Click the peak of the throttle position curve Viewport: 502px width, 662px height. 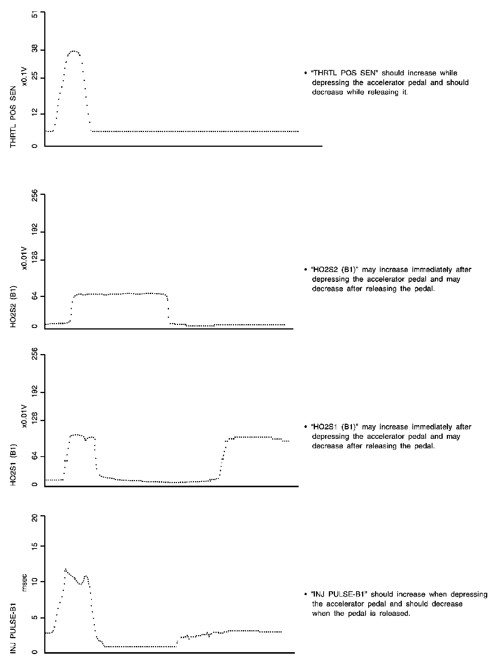click(x=74, y=51)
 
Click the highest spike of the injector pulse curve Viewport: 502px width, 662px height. click(x=65, y=569)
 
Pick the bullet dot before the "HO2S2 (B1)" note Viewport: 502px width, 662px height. click(x=305, y=270)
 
